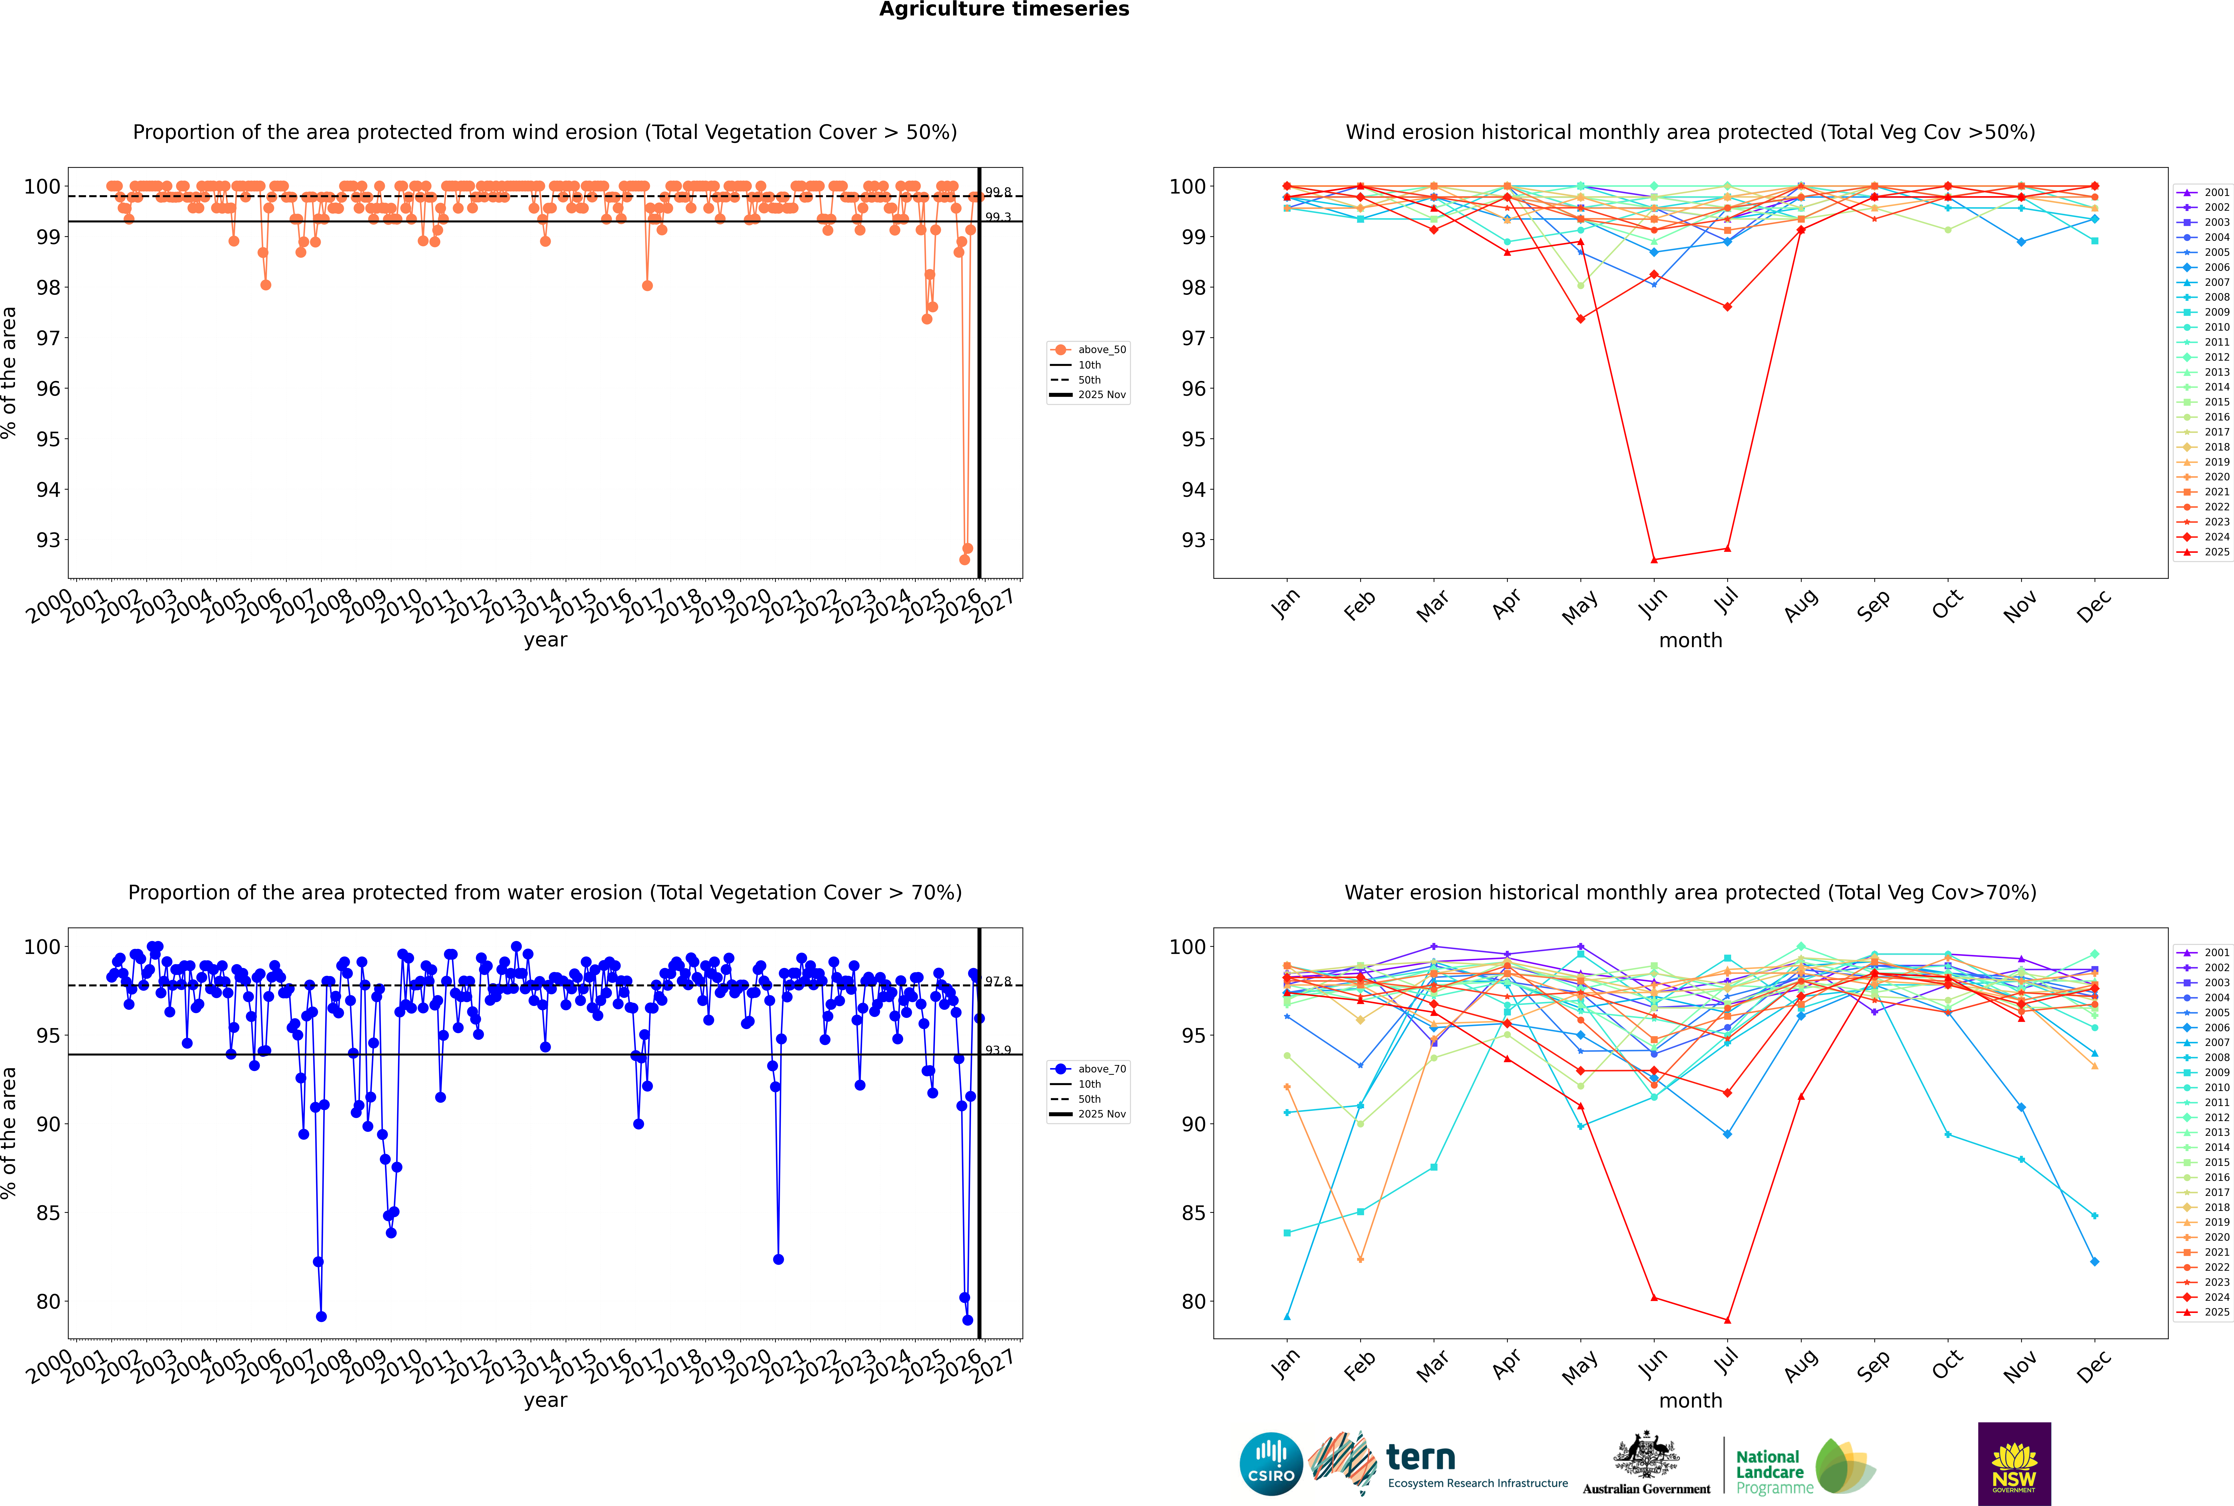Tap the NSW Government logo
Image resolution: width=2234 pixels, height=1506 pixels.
click(2014, 1464)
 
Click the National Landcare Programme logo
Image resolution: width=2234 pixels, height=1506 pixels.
click(1804, 1467)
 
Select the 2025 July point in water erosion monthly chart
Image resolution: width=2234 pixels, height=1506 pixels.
click(1728, 1320)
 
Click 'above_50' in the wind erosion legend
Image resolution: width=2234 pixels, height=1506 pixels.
click(1102, 350)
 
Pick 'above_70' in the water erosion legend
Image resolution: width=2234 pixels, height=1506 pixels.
click(1102, 1069)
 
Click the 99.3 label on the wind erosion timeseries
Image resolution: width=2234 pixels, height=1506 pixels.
click(998, 217)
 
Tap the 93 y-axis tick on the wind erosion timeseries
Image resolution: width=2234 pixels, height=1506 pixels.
click(48, 540)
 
